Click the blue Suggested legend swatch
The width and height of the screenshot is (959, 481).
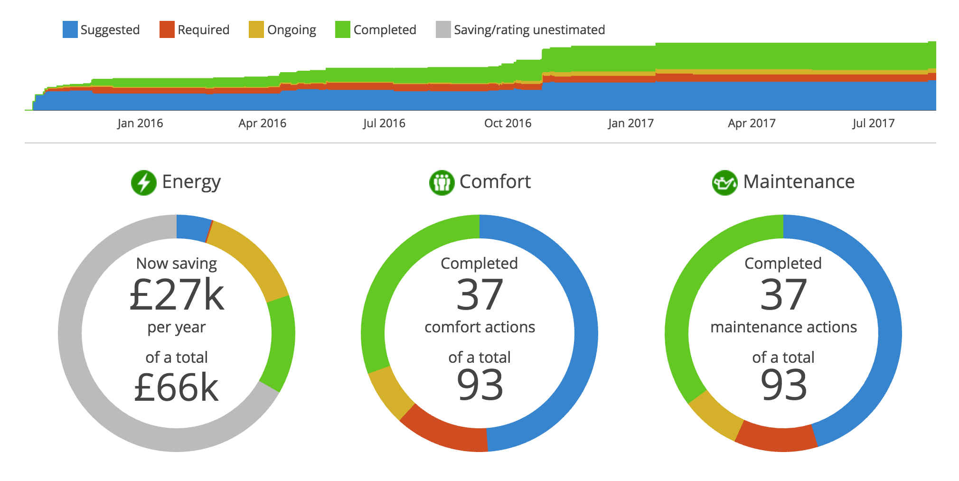point(70,29)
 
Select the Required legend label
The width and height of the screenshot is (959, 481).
point(203,30)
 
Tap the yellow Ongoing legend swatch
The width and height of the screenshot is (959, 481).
point(256,29)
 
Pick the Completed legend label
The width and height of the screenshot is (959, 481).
point(385,30)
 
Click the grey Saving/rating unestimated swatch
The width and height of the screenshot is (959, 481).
point(443,29)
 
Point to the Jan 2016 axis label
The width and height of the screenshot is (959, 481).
point(140,123)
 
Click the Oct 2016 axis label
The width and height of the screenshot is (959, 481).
point(508,123)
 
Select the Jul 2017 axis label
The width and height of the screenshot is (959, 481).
point(873,123)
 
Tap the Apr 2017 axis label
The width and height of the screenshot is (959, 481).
point(752,123)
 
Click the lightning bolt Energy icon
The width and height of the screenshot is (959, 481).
point(144,183)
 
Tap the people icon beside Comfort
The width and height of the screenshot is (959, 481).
point(442,183)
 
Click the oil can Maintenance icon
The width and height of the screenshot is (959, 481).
point(724,183)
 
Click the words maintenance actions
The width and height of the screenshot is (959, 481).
point(783,327)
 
